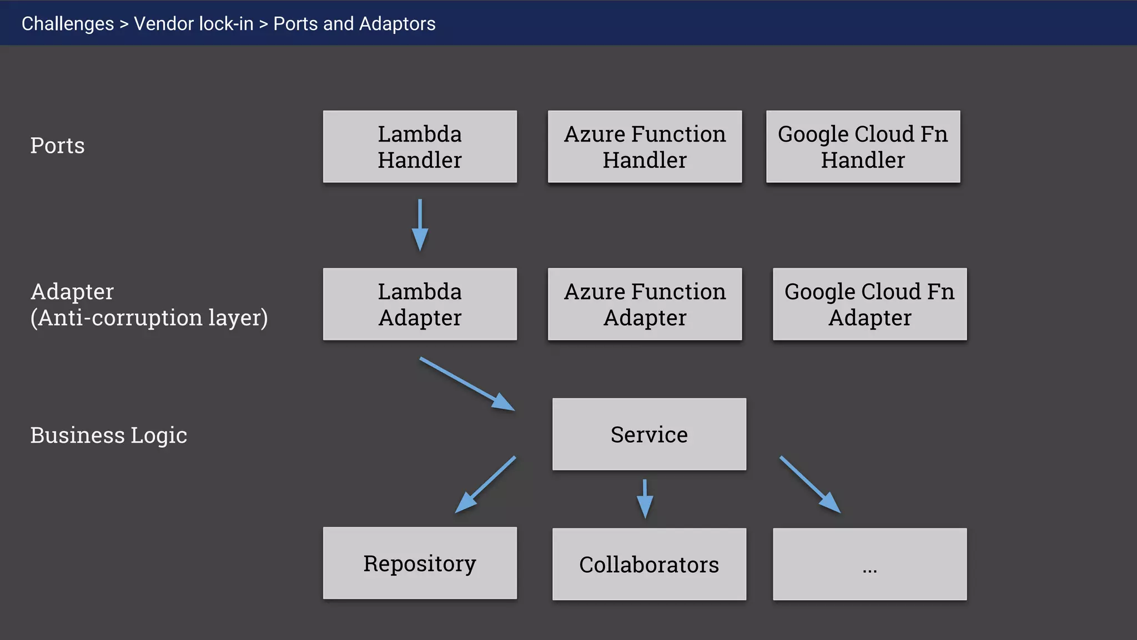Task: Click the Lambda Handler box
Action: pyautogui.click(x=420, y=147)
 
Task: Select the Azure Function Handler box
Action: pyautogui.click(x=645, y=147)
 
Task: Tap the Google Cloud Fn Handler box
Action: pyautogui.click(x=863, y=147)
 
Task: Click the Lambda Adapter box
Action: pyautogui.click(x=420, y=304)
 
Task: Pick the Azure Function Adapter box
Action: pyautogui.click(x=645, y=304)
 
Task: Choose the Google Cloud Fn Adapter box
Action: pyautogui.click(x=869, y=304)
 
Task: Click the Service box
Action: pyautogui.click(x=649, y=434)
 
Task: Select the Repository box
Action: pyautogui.click(x=420, y=563)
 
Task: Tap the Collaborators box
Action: pyautogui.click(x=649, y=564)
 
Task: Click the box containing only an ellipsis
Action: pyautogui.click(x=869, y=564)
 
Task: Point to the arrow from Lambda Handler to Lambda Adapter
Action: pyautogui.click(x=420, y=224)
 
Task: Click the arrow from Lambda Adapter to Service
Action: pyautogui.click(x=467, y=384)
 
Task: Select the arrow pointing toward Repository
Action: pyautogui.click(x=485, y=484)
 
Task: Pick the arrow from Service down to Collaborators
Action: pyautogui.click(x=645, y=498)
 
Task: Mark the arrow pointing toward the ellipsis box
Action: pyautogui.click(x=809, y=484)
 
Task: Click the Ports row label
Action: pyautogui.click(x=57, y=146)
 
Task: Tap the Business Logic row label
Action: pyautogui.click(x=108, y=435)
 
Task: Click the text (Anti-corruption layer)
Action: pyautogui.click(x=149, y=318)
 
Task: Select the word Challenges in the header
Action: pyautogui.click(x=68, y=24)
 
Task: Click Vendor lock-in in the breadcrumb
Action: pyautogui.click(x=193, y=24)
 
